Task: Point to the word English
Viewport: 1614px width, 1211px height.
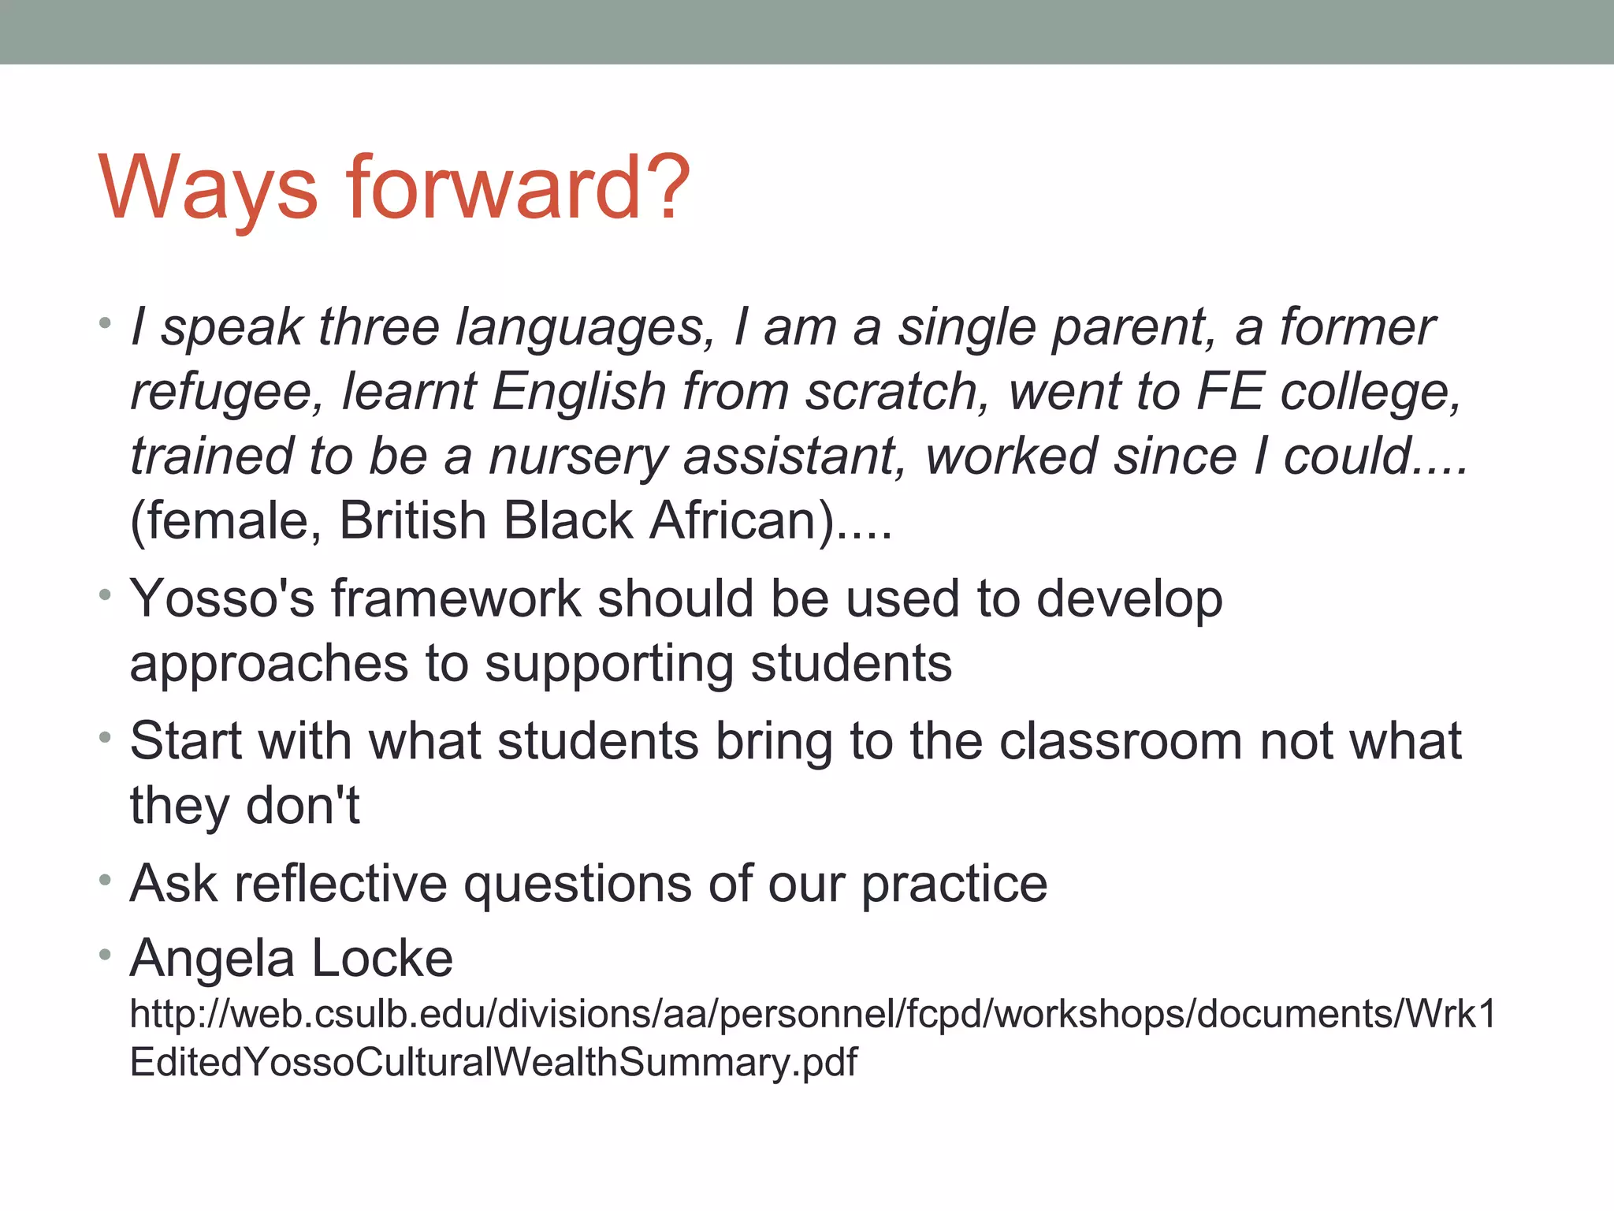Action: pyautogui.click(x=579, y=391)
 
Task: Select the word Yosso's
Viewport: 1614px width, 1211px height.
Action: pyautogui.click(x=221, y=598)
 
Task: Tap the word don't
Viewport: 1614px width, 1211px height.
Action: pyautogui.click(x=303, y=806)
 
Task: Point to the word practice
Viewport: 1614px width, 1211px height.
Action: pyautogui.click(x=954, y=883)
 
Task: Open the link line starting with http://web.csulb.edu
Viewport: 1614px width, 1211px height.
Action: pyautogui.click(x=813, y=1014)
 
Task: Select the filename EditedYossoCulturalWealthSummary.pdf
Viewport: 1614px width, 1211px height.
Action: pyautogui.click(x=493, y=1062)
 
